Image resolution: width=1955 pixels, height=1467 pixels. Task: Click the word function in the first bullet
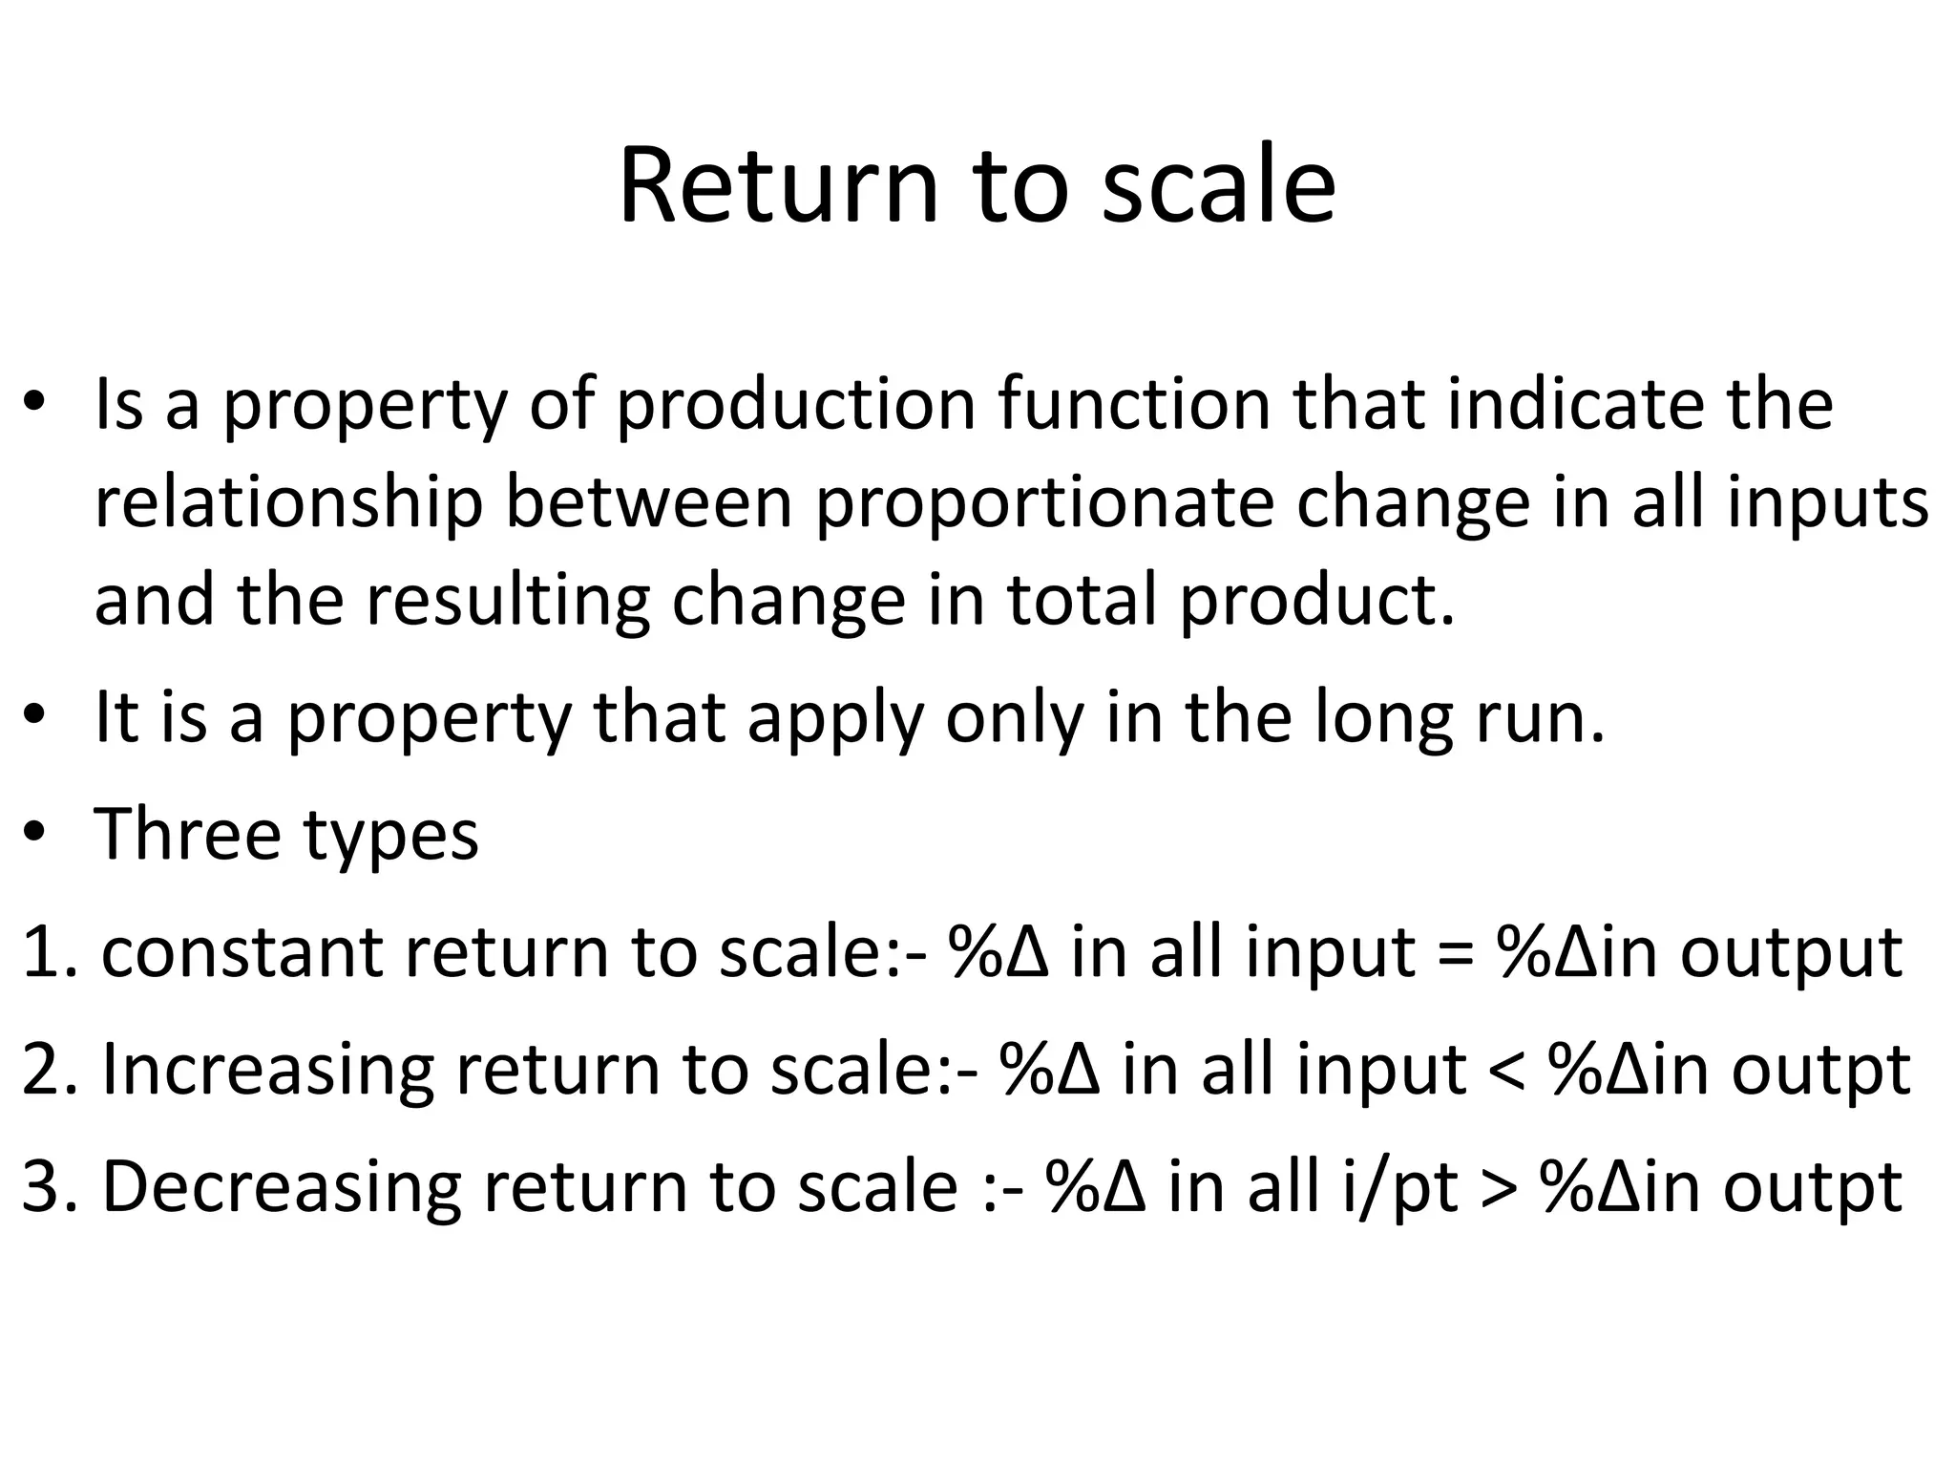pos(1134,404)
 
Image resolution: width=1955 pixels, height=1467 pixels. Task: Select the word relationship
pos(288,503)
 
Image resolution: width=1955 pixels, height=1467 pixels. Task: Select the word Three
pos(187,834)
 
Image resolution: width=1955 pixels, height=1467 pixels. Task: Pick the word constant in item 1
pos(242,952)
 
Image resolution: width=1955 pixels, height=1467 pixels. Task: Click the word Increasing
pos(268,1070)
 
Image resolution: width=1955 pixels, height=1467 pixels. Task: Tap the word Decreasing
pos(282,1187)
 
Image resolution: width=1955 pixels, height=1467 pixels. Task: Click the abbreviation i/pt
pos(1398,1187)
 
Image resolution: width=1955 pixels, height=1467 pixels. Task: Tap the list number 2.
pos(43,1070)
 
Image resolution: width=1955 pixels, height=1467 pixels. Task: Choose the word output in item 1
pos(1791,954)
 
